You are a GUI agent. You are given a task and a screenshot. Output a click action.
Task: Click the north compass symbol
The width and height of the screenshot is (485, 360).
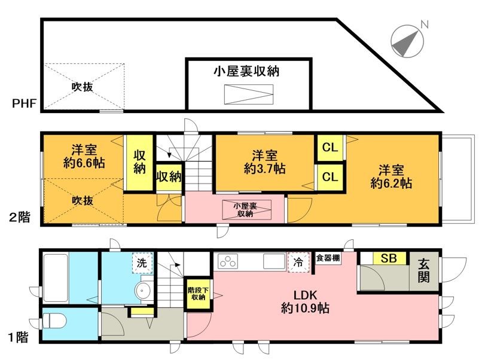(407, 40)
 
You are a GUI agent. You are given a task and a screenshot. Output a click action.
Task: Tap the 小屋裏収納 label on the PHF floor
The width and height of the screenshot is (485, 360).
(248, 72)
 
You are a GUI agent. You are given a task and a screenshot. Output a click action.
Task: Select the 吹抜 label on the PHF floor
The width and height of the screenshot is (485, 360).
(82, 87)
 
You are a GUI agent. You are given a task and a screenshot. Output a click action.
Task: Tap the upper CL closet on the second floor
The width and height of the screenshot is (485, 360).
(328, 147)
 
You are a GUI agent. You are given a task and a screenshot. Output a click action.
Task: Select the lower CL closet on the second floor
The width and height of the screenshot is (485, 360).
(328, 177)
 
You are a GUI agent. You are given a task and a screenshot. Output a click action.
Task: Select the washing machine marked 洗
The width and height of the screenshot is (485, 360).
(142, 263)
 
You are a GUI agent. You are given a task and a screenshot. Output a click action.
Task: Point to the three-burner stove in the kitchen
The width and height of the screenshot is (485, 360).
(228, 261)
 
